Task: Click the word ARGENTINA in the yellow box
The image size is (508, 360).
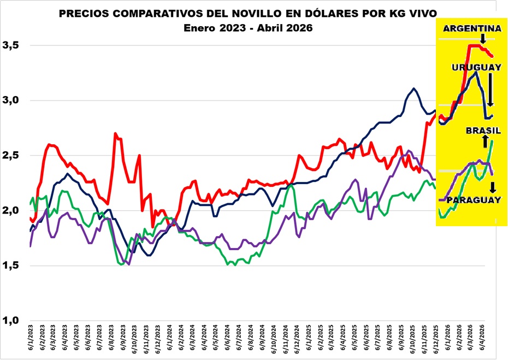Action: coord(472,28)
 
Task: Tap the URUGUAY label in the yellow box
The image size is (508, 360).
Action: coord(476,67)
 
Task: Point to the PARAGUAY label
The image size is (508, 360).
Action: coord(474,200)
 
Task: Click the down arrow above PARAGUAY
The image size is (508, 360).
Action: coord(492,187)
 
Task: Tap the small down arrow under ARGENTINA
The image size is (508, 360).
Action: coord(483,39)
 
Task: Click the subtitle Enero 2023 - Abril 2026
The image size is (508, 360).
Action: coord(249,28)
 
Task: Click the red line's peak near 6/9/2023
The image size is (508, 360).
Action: coord(116,133)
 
